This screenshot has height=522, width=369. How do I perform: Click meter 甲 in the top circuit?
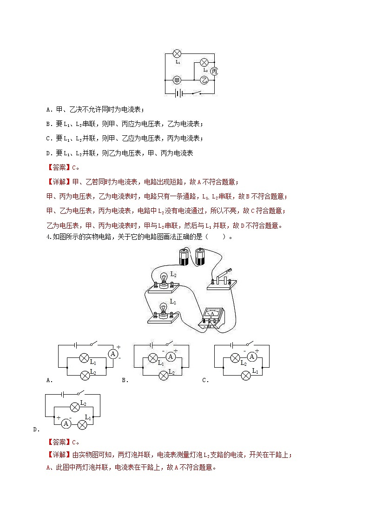[x=177, y=80]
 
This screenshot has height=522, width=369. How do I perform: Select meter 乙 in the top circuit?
[x=204, y=80]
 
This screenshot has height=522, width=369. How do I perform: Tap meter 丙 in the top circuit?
[x=214, y=71]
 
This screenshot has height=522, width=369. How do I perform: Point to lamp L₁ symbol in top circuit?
[x=177, y=53]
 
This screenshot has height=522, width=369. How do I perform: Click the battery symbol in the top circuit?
[x=178, y=93]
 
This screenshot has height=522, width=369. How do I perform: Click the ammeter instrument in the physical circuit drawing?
[x=212, y=317]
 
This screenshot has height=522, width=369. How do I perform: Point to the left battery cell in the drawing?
[x=183, y=257]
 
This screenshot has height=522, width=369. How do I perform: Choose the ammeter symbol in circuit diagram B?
[x=171, y=357]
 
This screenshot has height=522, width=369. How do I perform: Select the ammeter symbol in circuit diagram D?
[x=66, y=424]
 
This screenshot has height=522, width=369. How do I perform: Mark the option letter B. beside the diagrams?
[x=125, y=380]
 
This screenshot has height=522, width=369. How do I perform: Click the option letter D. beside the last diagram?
[x=36, y=429]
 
